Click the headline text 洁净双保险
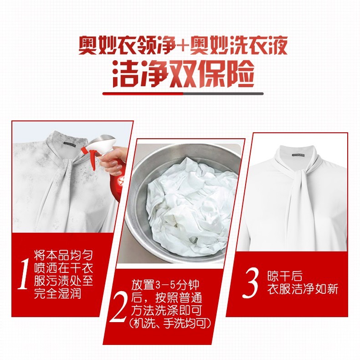[183, 74]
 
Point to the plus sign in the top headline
[183, 46]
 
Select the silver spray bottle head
[101, 145]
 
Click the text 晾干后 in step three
[285, 276]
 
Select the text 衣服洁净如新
[303, 288]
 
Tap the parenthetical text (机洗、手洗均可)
[170, 323]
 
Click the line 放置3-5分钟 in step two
[165, 285]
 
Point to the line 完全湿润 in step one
[57, 293]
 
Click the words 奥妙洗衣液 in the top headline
[239, 46]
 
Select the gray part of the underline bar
[223, 94]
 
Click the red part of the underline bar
[143, 94]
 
